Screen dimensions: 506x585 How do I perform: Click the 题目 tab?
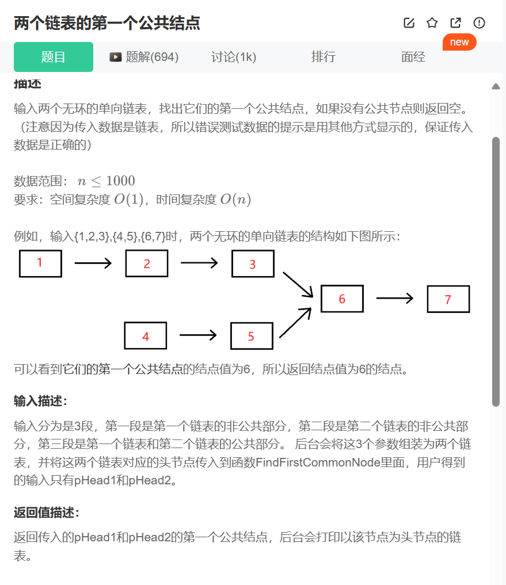coord(54,57)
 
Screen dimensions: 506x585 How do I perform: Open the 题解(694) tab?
coord(144,57)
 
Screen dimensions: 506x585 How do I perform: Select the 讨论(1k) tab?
coord(234,57)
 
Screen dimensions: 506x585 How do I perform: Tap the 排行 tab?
coord(324,57)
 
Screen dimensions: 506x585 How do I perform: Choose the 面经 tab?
coord(413,57)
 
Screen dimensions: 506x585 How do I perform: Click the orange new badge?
coord(459,42)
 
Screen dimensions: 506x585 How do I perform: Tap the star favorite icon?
coord(432,23)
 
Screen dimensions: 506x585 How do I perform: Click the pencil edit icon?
coord(409,23)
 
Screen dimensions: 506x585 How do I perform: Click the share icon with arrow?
coord(455,23)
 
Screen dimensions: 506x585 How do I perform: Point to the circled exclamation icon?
coord(479,23)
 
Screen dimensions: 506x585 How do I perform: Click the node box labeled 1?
coord(40,263)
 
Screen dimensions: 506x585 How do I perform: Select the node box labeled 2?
coord(147,263)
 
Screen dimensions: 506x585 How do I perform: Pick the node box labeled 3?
coord(253,264)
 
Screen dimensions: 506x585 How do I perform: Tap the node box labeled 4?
coord(146,336)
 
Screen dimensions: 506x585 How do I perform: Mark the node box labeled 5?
coord(252,336)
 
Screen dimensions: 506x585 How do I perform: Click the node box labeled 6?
coord(342,299)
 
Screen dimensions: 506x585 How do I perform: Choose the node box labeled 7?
coord(448,299)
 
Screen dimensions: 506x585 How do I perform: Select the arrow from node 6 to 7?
coord(395,299)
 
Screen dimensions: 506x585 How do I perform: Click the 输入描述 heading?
coord(40,401)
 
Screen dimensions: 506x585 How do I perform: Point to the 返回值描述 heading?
coord(47,513)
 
